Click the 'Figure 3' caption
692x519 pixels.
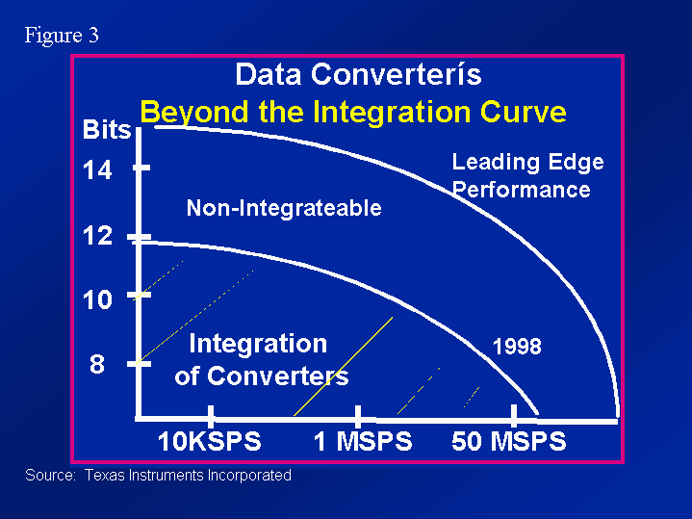(x=62, y=35)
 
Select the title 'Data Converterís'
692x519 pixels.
(x=358, y=74)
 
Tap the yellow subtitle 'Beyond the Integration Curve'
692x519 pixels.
(x=353, y=113)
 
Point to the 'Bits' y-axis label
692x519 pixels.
(x=107, y=130)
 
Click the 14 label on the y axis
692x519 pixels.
(x=97, y=170)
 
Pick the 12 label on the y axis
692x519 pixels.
(x=97, y=236)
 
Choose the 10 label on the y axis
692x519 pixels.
(x=97, y=299)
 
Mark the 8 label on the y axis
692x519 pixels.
(x=97, y=365)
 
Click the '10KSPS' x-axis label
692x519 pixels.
(x=209, y=441)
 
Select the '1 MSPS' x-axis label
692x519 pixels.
(x=363, y=441)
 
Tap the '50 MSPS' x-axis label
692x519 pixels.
(x=508, y=441)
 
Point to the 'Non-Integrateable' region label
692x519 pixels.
(x=284, y=208)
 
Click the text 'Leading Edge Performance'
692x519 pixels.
(x=527, y=176)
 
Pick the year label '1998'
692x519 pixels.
(x=517, y=347)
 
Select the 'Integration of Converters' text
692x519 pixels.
(x=261, y=359)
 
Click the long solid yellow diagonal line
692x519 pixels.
(x=344, y=366)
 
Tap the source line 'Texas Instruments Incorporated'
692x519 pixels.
(x=188, y=476)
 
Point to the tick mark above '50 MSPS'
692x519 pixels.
(x=514, y=415)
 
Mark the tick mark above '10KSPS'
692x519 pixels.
(x=211, y=416)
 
